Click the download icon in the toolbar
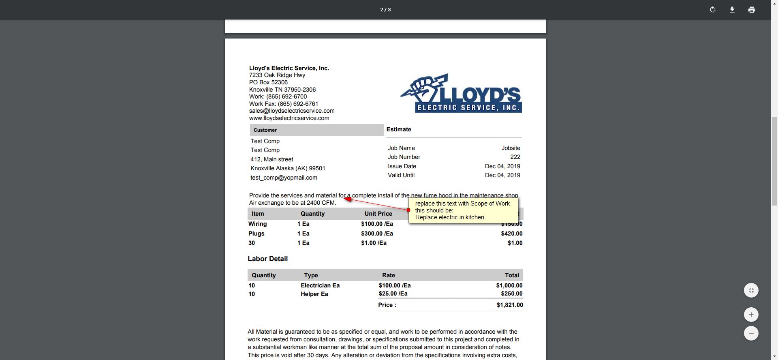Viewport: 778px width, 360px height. pos(732,10)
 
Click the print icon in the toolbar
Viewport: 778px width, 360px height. pos(751,10)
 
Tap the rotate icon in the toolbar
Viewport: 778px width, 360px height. pos(712,10)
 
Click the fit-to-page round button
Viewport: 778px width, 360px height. pos(751,290)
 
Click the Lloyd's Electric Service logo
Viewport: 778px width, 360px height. pos(461,93)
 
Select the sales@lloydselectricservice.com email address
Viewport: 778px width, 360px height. pos(292,111)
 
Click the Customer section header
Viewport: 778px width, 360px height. pos(265,130)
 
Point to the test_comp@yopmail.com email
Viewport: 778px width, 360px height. pos(284,178)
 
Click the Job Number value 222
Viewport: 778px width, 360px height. pos(515,157)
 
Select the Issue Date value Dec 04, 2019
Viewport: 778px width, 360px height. pos(502,166)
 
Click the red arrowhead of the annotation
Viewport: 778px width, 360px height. pos(347,199)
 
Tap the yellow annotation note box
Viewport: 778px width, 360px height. pos(463,210)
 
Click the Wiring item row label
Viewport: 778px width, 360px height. pos(257,224)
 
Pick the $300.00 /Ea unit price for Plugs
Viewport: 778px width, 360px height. pos(377,234)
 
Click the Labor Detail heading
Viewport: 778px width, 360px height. pos(267,259)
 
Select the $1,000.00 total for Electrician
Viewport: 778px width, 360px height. pos(509,285)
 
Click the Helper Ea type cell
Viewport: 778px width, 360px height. pos(314,294)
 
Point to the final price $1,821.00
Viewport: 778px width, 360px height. pos(509,305)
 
